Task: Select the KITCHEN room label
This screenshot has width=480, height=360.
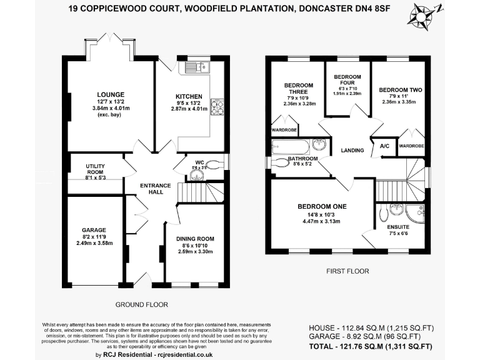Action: pyautogui.click(x=188, y=96)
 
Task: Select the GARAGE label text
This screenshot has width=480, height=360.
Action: pyautogui.click(x=94, y=229)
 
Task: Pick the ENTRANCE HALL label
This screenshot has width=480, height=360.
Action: pyautogui.click(x=151, y=187)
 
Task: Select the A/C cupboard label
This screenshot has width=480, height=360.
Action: pyautogui.click(x=384, y=146)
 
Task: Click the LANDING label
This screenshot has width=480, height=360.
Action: pyautogui.click(x=352, y=151)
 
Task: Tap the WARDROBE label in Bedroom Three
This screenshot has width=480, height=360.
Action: pyautogui.click(x=283, y=131)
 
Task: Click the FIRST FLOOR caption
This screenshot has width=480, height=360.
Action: pyautogui.click(x=348, y=271)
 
